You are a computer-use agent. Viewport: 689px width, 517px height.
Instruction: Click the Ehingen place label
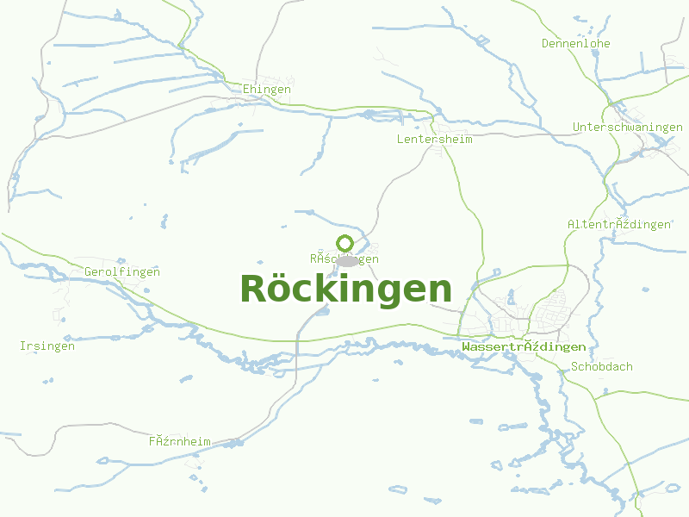267,89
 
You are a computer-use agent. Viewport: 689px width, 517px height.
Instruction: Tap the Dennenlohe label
576,43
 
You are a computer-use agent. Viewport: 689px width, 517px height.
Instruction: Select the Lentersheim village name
435,139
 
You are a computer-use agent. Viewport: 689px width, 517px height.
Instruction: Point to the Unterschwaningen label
628,127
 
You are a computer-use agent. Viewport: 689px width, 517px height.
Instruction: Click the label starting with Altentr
619,224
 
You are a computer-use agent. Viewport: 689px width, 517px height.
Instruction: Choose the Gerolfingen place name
122,271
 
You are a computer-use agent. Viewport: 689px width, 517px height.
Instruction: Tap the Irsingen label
47,346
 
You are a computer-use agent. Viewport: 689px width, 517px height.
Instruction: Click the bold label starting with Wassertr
524,346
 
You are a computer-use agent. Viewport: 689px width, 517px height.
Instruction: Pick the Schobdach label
602,366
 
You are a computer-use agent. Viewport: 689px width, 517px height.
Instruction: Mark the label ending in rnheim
179,441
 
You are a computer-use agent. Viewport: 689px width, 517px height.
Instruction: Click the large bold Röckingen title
345,289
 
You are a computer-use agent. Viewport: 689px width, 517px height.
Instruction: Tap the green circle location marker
345,243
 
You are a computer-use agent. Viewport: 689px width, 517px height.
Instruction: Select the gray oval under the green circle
346,260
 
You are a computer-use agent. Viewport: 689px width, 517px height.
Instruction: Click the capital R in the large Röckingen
251,289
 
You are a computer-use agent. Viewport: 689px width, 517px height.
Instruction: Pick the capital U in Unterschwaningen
577,127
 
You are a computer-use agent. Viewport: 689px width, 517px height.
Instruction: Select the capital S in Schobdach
575,366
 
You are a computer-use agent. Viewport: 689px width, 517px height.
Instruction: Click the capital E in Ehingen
247,89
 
